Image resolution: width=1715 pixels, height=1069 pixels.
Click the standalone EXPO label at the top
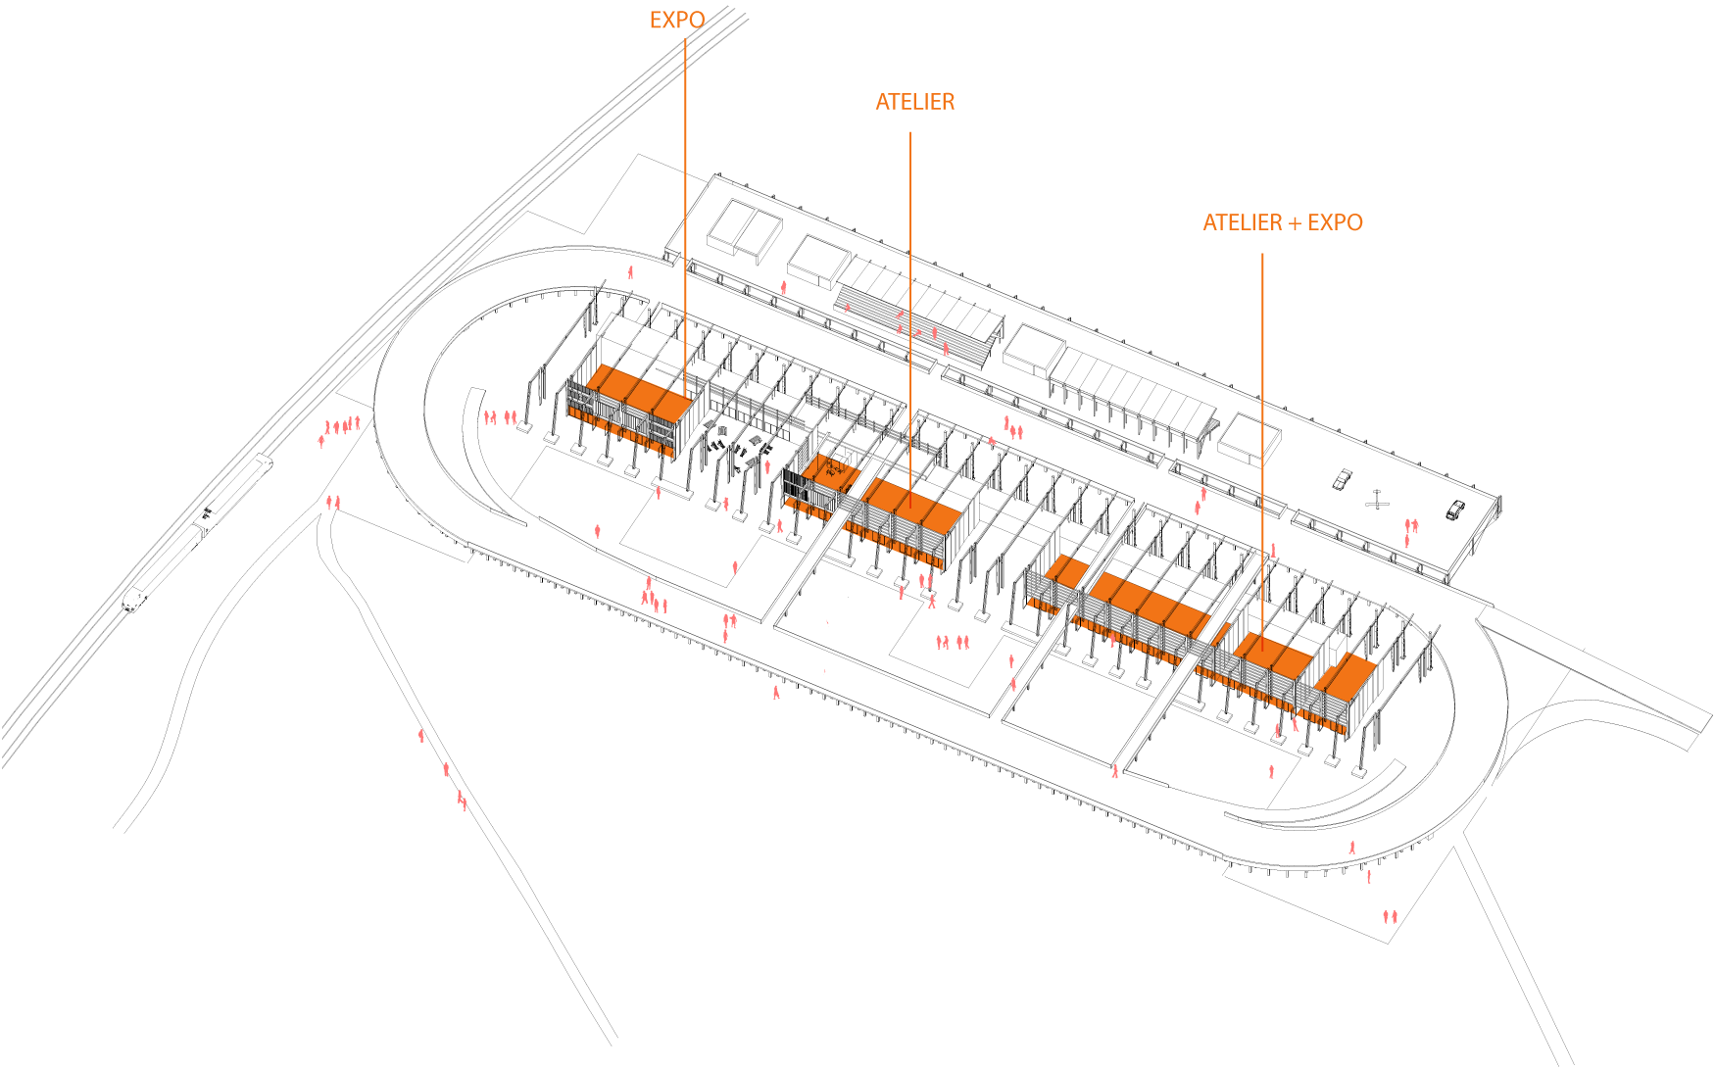click(x=676, y=21)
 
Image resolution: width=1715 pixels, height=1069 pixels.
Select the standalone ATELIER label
click(x=914, y=102)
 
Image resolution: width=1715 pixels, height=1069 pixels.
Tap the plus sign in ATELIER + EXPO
click(x=1295, y=224)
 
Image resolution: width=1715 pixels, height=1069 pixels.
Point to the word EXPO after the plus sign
click(x=1335, y=223)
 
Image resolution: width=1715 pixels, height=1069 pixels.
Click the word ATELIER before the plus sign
click(x=1242, y=223)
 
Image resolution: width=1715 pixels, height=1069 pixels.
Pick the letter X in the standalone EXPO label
click(x=672, y=21)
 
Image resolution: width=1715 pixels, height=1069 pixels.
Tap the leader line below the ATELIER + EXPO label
click(x=1262, y=441)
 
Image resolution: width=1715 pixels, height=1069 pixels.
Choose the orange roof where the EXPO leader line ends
click(x=638, y=393)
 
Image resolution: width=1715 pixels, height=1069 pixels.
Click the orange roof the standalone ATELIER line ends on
click(x=911, y=505)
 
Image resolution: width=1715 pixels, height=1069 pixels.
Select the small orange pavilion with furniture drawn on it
click(x=831, y=472)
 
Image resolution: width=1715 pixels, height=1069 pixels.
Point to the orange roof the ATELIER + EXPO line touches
click(x=1272, y=655)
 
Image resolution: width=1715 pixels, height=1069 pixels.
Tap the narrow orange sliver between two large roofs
click(x=1220, y=634)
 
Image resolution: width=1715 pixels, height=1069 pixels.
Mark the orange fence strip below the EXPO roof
click(x=620, y=430)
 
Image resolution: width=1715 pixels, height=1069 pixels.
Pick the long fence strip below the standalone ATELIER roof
click(x=892, y=544)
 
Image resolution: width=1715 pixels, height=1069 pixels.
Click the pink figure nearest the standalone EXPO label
click(x=630, y=272)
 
